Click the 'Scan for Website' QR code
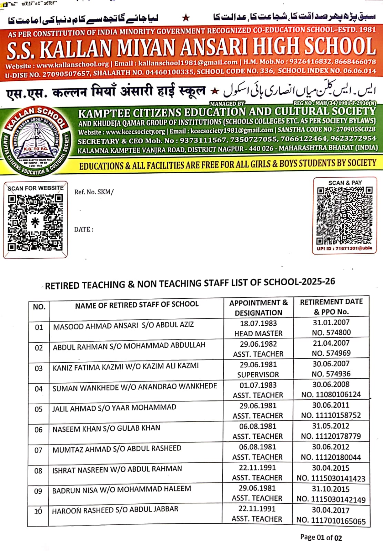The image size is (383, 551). [35, 222]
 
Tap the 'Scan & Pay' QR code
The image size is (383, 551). [344, 215]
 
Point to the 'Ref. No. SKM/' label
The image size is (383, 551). [94, 192]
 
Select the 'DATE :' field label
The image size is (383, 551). [84, 229]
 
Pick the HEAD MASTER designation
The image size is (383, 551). [258, 334]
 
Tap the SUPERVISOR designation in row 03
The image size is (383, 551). [258, 375]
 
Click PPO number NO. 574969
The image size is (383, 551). [331, 353]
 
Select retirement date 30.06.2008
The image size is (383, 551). [331, 385]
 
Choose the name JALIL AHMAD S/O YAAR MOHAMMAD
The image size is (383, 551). [114, 408]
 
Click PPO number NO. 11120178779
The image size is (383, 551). [331, 436]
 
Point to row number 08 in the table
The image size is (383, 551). [38, 471]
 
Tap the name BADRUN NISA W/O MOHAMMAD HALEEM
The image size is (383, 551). [121, 490]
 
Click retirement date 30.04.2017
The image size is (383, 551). [331, 510]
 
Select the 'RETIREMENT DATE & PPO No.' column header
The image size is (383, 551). [331, 307]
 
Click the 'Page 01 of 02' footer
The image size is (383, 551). [321, 538]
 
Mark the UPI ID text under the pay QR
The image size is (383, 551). [344, 248]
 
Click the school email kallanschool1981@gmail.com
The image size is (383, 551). [188, 63]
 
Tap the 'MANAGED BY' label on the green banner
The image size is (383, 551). [227, 103]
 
